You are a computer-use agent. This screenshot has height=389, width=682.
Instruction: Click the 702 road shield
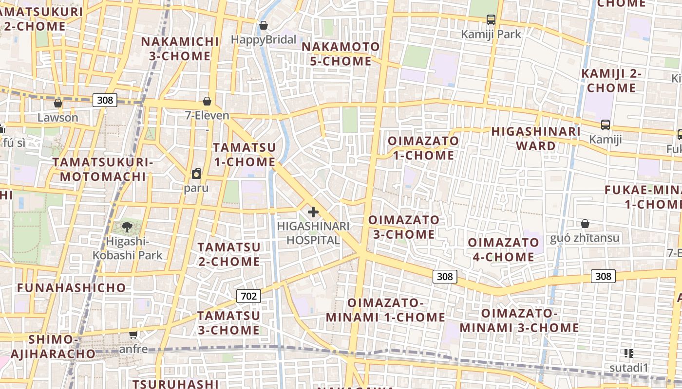pyautogui.click(x=248, y=296)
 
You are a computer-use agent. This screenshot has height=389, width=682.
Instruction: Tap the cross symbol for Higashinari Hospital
pyautogui.click(x=313, y=212)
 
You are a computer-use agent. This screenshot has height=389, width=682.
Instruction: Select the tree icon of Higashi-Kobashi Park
pyautogui.click(x=127, y=226)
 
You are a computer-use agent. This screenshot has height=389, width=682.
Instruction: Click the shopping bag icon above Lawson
pyautogui.click(x=58, y=103)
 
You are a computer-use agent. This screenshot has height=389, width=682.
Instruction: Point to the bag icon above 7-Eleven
pyautogui.click(x=207, y=101)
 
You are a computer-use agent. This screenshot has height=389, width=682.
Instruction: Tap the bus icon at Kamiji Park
pyautogui.click(x=491, y=20)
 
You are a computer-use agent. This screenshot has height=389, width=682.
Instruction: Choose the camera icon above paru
pyautogui.click(x=196, y=174)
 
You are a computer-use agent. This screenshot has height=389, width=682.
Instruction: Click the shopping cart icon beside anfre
pyautogui.click(x=133, y=335)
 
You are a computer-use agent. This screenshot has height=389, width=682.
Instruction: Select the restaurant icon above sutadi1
pyautogui.click(x=628, y=354)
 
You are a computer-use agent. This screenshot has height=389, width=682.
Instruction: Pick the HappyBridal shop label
pyautogui.click(x=264, y=40)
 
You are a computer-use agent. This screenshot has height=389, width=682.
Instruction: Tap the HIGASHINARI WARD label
pyautogui.click(x=536, y=139)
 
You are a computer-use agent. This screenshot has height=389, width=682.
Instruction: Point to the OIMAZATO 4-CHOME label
pyautogui.click(x=503, y=249)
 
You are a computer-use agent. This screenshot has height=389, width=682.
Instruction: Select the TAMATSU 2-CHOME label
pyautogui.click(x=229, y=254)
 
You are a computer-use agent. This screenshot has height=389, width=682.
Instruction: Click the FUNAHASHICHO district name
pyautogui.click(x=72, y=288)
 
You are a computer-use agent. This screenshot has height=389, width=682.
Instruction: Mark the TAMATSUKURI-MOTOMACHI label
pyautogui.click(x=103, y=169)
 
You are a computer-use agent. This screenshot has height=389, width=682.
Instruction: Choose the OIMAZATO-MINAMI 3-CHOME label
pyautogui.click(x=519, y=320)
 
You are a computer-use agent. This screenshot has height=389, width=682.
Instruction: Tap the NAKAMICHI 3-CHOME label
pyautogui.click(x=180, y=49)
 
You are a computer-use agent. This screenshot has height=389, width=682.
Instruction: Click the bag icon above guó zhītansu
pyautogui.click(x=585, y=224)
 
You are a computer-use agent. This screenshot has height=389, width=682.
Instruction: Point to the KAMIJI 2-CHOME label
pyautogui.click(x=611, y=81)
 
